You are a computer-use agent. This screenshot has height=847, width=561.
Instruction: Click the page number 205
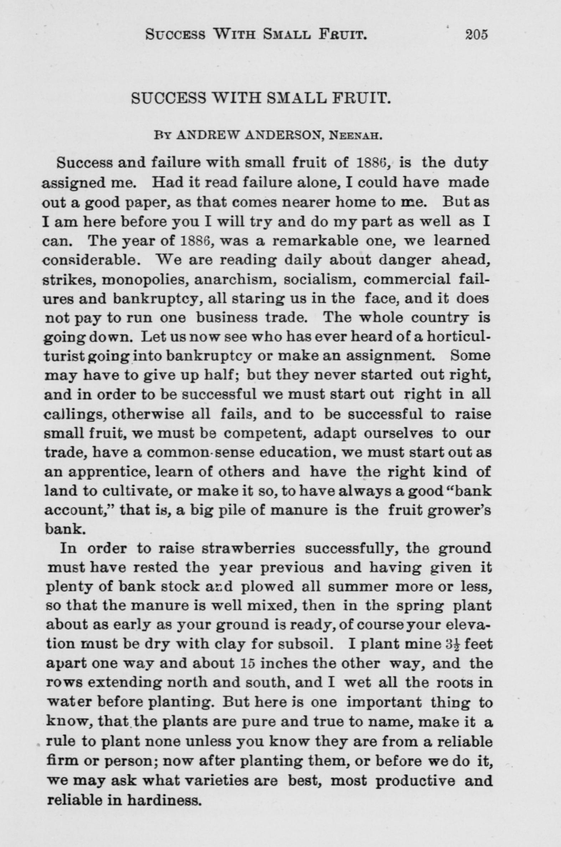tap(476, 35)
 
